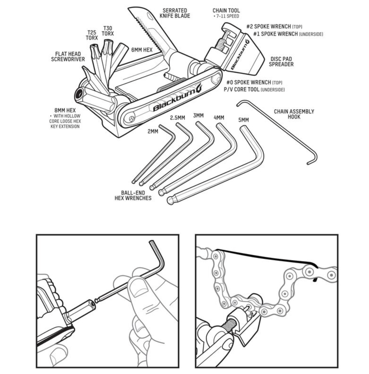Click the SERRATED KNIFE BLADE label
click(175, 13)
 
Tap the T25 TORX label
click(92, 35)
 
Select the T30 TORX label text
click(108, 31)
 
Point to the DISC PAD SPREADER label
click(281, 62)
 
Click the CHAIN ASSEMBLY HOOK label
click(294, 114)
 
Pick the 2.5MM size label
click(177, 118)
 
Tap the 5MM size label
click(243, 120)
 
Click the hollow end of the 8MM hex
click(80, 94)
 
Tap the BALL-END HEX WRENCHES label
click(133, 195)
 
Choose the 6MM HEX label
click(142, 50)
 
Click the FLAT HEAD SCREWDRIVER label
click(68, 57)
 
